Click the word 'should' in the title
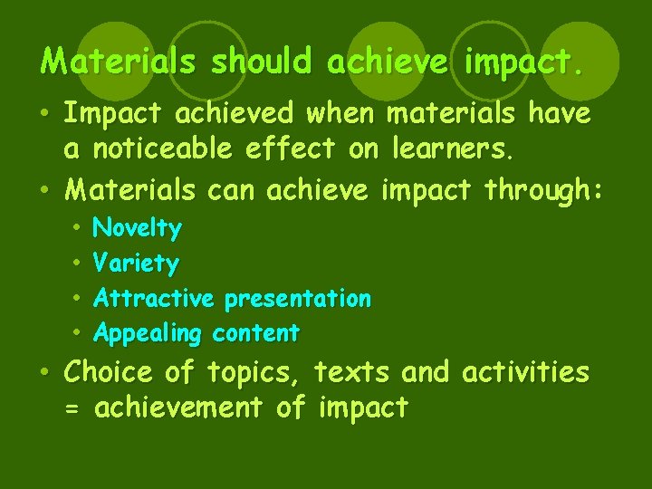pos(263,62)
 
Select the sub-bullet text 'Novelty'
pos(138,228)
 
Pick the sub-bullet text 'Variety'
pos(136,264)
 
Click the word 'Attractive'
pos(154,298)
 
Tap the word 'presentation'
pos(298,298)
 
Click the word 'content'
pos(255,333)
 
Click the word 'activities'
pos(525,372)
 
